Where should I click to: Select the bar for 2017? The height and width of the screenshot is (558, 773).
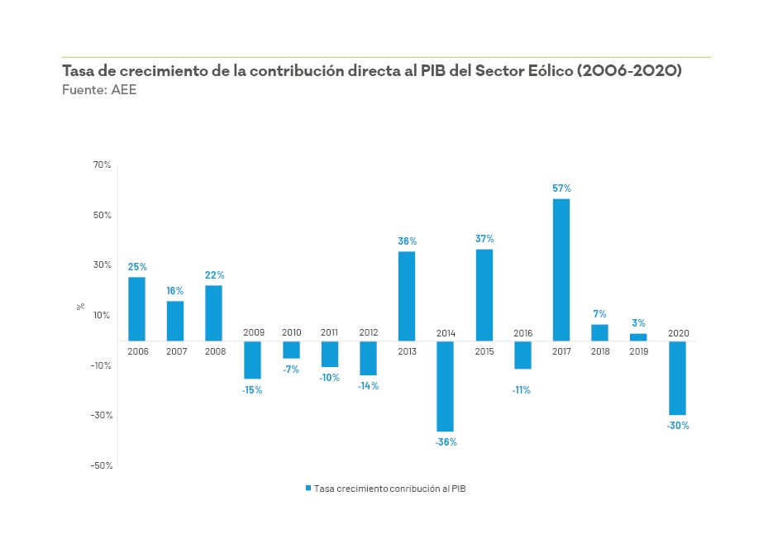tap(561, 269)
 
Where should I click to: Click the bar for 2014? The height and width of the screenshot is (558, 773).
tap(446, 386)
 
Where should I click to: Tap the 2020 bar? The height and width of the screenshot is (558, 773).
tap(677, 378)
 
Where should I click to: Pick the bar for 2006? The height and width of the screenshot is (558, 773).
tap(136, 308)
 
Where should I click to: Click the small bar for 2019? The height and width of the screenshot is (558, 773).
tap(638, 336)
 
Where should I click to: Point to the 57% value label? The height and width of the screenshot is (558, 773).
tap(561, 188)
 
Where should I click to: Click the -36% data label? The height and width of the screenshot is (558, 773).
tap(446, 442)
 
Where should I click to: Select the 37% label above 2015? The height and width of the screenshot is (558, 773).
tap(484, 239)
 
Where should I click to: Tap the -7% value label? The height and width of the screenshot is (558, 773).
tap(291, 370)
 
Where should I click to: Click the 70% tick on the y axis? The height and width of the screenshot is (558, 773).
tap(102, 165)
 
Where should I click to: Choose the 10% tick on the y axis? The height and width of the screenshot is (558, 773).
tap(102, 315)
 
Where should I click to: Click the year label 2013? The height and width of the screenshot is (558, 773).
tap(407, 351)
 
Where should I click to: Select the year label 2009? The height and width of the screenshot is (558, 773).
tap(253, 332)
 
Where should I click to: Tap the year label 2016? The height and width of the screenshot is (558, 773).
tap(522, 332)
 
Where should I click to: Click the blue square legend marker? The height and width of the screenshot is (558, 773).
tap(308, 489)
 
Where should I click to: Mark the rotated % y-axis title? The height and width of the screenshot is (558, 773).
tap(80, 306)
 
